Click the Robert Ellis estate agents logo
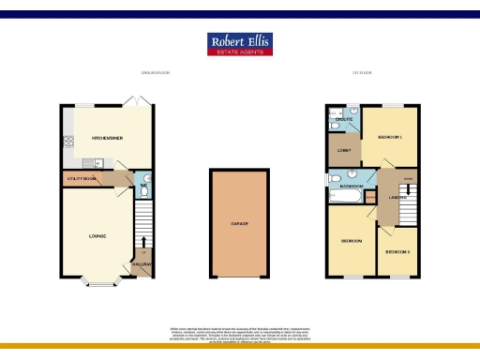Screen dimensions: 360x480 click(239, 45)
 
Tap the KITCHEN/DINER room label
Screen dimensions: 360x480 click(108, 138)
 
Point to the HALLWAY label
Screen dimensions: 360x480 click(142, 265)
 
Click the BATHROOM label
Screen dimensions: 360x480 click(352, 187)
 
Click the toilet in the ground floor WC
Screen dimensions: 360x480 click(142, 179)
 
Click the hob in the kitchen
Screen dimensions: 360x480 click(67, 142)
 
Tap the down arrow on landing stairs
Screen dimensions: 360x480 click(407, 187)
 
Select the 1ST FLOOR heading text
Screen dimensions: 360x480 click(361, 73)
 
